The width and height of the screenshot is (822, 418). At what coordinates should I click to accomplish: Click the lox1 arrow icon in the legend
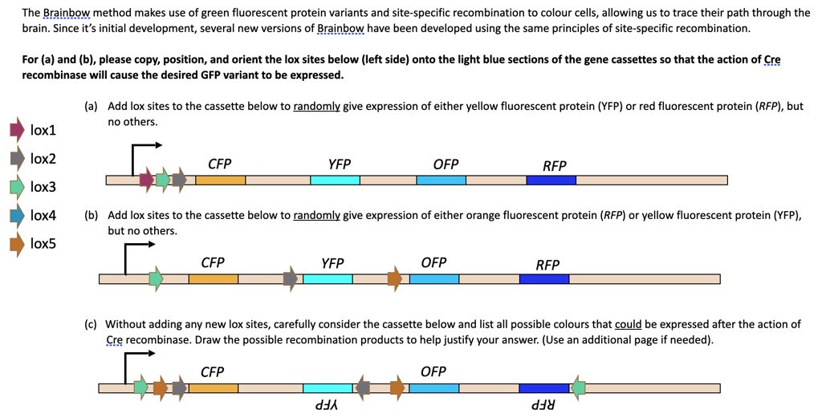pyautogui.click(x=17, y=130)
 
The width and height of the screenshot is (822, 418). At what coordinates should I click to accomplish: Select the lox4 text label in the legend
pyautogui.click(x=43, y=215)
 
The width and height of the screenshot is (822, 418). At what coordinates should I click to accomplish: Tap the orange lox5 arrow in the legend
pyautogui.click(x=17, y=244)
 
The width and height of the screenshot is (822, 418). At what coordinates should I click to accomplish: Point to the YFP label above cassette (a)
pyautogui.click(x=339, y=164)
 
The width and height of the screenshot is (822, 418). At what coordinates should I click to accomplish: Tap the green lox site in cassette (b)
pyautogui.click(x=156, y=278)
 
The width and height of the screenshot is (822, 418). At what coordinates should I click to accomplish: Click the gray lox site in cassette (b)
pyautogui.click(x=291, y=278)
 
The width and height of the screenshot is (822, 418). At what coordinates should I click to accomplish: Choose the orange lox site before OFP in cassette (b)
pyautogui.click(x=394, y=278)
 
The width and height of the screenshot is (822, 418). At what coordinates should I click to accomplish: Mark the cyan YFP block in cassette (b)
pyautogui.click(x=328, y=278)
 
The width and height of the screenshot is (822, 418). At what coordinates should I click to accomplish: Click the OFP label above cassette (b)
pyautogui.click(x=433, y=263)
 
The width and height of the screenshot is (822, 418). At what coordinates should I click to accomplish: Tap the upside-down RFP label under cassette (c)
pyautogui.click(x=544, y=406)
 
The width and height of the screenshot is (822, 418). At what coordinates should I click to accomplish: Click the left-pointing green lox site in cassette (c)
pyautogui.click(x=577, y=388)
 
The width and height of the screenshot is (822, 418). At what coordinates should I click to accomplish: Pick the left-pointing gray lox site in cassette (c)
pyautogui.click(x=363, y=388)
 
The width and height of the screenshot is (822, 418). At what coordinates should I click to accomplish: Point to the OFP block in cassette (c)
pyautogui.click(x=433, y=388)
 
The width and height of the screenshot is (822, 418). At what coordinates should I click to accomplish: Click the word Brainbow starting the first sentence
pyautogui.click(x=67, y=13)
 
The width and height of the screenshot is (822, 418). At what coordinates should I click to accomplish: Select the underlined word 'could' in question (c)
pyautogui.click(x=628, y=324)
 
